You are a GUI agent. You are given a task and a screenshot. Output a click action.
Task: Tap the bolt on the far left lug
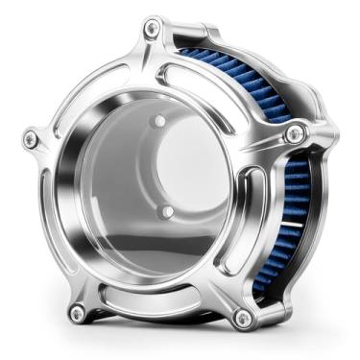point(31,140)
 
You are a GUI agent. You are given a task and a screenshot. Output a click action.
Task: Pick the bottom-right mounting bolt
point(243,317)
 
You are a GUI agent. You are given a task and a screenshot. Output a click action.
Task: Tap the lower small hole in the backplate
point(166,209)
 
